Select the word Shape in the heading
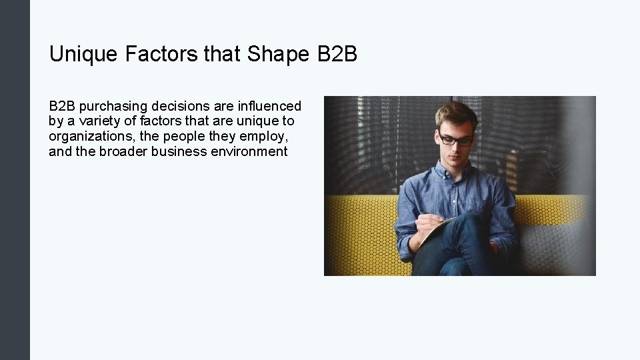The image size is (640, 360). coord(278,54)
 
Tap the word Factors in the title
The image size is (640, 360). coord(161,54)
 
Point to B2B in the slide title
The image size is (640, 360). coord(337,54)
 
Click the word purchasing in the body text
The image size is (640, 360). coord(113,107)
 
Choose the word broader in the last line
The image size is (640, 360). coord(124,151)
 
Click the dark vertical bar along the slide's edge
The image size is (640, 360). coord(15,180)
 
